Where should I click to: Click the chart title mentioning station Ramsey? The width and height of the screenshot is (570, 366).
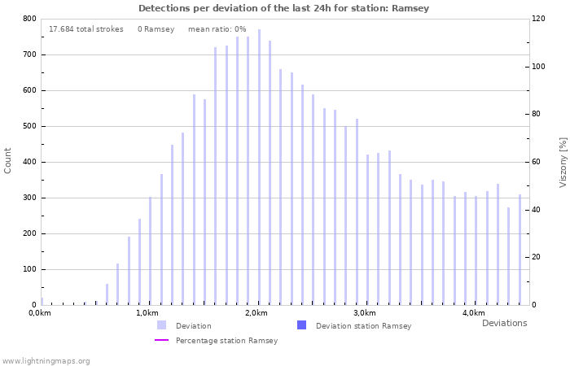(283, 8)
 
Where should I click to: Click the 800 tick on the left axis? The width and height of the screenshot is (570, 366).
(28, 19)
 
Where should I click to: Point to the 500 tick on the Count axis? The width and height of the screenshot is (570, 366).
(28, 126)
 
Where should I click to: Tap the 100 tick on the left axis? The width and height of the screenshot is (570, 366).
(28, 269)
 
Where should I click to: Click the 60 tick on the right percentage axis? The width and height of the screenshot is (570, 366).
(537, 162)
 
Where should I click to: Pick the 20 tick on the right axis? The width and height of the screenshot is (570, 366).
(537, 257)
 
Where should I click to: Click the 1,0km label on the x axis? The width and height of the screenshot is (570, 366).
(147, 313)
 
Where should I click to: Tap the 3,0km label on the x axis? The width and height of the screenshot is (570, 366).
(365, 313)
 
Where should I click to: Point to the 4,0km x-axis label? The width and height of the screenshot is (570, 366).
(474, 313)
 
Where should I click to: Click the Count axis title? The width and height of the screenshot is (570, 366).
(8, 161)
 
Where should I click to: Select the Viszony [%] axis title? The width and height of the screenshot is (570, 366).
(562, 162)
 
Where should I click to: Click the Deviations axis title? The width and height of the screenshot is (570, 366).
(504, 323)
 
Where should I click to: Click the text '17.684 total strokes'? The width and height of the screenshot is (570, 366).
(86, 29)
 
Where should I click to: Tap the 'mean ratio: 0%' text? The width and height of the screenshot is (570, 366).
(217, 29)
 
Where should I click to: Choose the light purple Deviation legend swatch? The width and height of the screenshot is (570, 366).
(162, 325)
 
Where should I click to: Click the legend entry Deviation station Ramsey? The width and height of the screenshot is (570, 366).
(363, 325)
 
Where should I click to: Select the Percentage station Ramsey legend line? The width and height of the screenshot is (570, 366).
(162, 340)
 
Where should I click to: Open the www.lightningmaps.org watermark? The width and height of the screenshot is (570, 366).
(46, 360)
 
